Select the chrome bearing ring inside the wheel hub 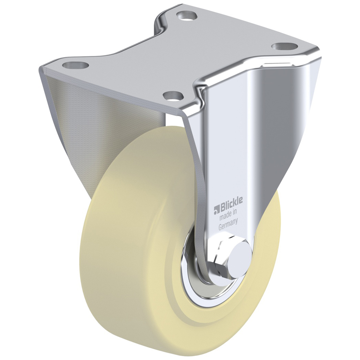(192, 278)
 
